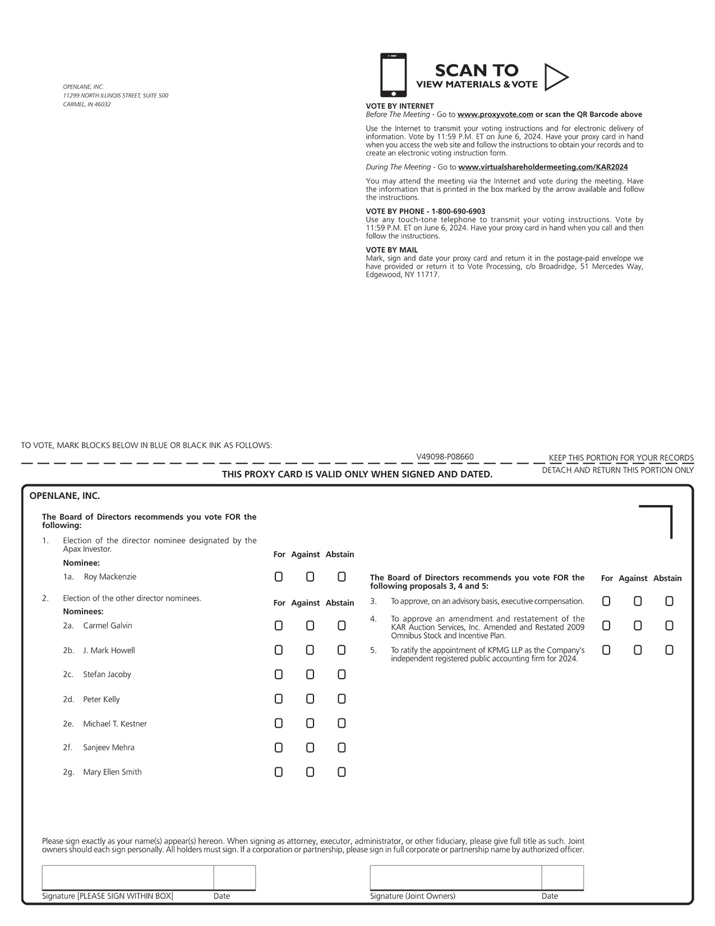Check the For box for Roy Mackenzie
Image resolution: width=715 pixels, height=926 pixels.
[x=279, y=577]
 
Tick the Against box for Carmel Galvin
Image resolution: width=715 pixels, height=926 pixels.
[x=310, y=626]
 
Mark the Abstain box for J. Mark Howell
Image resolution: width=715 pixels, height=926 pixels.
[x=342, y=650]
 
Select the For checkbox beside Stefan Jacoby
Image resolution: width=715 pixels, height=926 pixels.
[x=279, y=675]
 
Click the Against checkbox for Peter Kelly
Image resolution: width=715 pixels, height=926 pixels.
[x=310, y=699]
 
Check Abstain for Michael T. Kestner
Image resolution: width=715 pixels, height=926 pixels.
[x=342, y=723]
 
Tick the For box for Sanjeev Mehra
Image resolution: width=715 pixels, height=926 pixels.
[x=279, y=748]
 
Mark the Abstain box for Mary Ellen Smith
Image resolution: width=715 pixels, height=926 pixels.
[x=342, y=772]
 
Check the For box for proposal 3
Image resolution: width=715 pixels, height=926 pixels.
[x=606, y=602]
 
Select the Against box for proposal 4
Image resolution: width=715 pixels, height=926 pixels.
[x=638, y=626]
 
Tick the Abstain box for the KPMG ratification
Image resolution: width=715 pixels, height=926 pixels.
[x=669, y=650]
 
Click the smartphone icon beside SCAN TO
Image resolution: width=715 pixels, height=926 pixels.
[x=393, y=75]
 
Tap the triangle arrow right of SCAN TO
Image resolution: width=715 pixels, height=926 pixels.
[x=555, y=77]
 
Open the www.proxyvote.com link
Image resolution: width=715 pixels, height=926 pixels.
[x=495, y=114]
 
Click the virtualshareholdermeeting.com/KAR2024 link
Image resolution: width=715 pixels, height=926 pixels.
[x=543, y=167]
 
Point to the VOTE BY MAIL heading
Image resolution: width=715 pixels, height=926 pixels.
[x=391, y=250]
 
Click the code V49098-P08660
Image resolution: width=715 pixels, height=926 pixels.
[x=445, y=457]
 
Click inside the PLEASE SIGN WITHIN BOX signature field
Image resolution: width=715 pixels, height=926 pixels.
[x=128, y=878]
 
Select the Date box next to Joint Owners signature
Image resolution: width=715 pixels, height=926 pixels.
[x=562, y=878]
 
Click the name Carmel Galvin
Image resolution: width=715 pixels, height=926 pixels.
[x=108, y=626]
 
